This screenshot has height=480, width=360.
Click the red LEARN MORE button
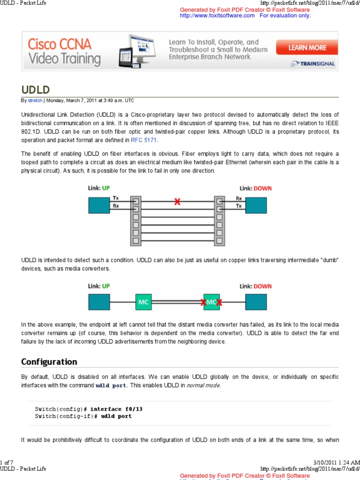(x=307, y=47)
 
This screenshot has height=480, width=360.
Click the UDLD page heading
(x=36, y=90)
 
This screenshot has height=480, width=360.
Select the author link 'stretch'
(x=35, y=100)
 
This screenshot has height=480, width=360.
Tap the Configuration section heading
(x=49, y=361)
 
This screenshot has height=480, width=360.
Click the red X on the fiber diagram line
(x=177, y=202)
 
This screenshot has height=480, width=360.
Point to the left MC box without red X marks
(x=144, y=302)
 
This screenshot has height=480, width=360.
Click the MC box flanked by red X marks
(x=211, y=302)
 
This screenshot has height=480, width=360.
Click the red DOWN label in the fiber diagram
(x=262, y=188)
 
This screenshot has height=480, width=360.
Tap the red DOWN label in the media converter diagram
(x=262, y=286)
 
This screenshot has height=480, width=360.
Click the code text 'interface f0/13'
(x=116, y=409)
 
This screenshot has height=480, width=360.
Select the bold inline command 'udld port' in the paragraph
(x=111, y=386)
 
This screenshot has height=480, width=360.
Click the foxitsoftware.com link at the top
(x=217, y=15)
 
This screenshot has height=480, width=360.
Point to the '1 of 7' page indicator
(x=9, y=463)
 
